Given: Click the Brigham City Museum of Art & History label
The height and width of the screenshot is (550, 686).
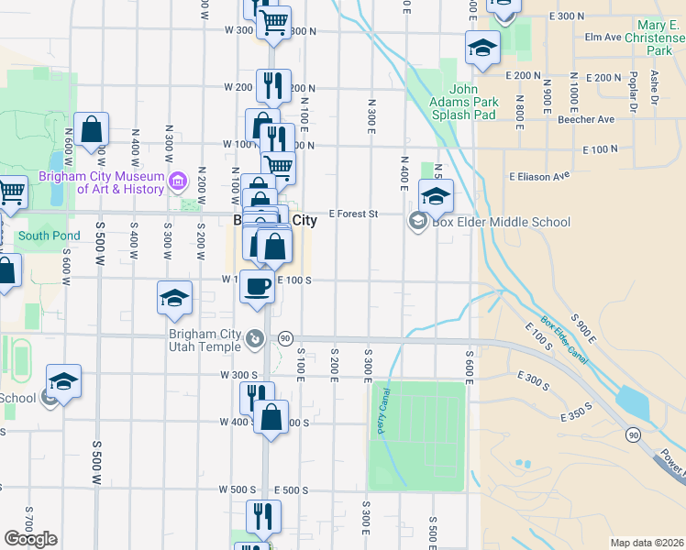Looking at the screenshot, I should point(101,182).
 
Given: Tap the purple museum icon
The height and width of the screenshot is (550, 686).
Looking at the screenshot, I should point(179,177).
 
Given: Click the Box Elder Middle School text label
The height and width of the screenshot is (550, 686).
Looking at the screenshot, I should point(502,222).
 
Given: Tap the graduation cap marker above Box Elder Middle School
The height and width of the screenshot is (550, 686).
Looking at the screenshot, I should point(436,195).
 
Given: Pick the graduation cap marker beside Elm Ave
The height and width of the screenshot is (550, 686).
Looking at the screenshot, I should point(482,49).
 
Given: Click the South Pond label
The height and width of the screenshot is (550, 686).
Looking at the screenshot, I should point(50,236).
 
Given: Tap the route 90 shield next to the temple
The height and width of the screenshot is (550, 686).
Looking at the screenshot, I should point(285,339).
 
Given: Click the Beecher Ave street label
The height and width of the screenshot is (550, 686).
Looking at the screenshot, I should point(586,119).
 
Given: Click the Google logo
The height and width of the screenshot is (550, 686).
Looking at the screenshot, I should point(30,538).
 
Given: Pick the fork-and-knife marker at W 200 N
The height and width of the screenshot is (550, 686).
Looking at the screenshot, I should point(273,86).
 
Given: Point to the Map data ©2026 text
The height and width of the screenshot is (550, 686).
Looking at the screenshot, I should point(647,543).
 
